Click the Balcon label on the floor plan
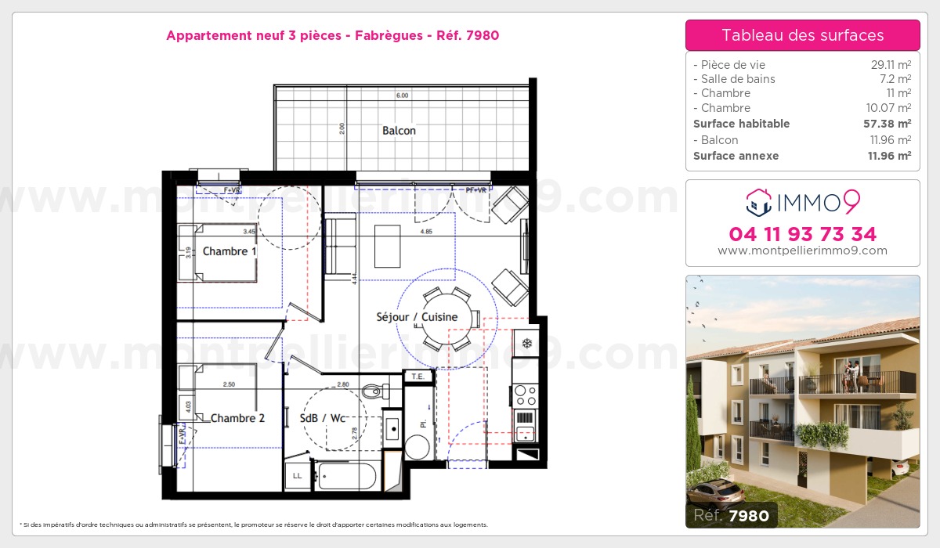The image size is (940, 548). click(x=399, y=131)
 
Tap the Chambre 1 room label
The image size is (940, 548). click(x=230, y=251)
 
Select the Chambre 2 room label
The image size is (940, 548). click(x=237, y=418)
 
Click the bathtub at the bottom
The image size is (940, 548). click(x=348, y=475)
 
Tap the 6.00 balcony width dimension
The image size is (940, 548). click(x=402, y=96)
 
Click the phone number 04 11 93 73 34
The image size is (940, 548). click(x=802, y=234)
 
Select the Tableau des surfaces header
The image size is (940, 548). click(x=802, y=35)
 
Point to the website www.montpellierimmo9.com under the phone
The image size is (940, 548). click(x=802, y=251)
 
